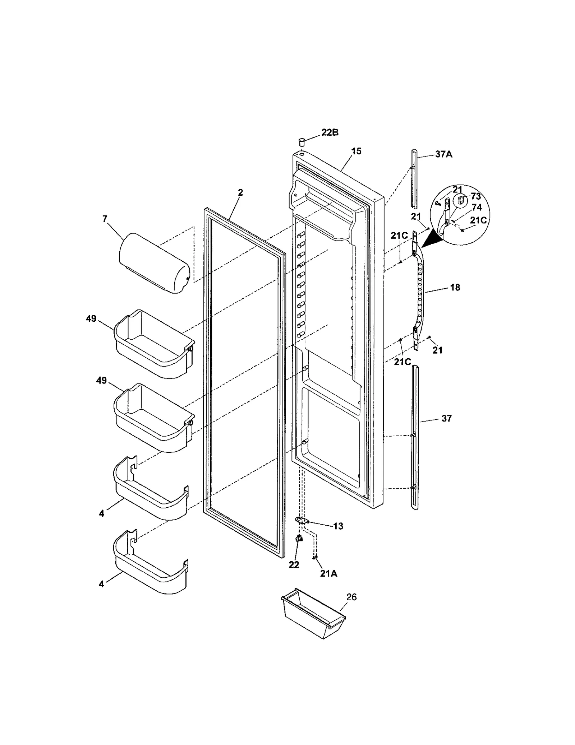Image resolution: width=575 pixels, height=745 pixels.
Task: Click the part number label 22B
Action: pos(330,132)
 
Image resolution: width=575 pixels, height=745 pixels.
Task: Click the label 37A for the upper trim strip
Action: pos(443,154)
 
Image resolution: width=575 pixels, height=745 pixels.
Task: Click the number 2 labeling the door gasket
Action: pos(240,192)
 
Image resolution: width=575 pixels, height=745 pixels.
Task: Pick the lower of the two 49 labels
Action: pos(101,380)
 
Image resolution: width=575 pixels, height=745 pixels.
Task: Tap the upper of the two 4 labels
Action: pos(102,513)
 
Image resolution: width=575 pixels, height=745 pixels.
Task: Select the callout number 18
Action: pos(455,287)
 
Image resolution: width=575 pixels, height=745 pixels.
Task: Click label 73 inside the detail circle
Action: pos(475,196)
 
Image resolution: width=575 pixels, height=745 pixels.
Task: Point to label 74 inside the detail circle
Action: pos(477,208)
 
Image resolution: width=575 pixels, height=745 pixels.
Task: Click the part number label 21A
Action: pos(329,574)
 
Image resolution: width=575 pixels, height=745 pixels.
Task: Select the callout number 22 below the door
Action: pos(294,565)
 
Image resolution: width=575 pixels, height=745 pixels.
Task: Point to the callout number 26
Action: pos(351,597)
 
